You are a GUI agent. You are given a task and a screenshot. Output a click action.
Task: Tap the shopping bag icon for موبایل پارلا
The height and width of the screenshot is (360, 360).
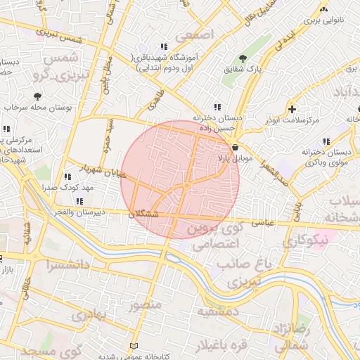[234, 148]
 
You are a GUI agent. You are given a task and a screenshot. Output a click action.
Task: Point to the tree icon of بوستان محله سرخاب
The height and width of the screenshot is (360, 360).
[37, 95]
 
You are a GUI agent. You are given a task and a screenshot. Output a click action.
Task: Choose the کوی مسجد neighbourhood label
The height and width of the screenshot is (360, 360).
[53, 349]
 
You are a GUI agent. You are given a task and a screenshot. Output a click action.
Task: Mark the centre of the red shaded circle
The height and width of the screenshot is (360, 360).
[180, 179]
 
